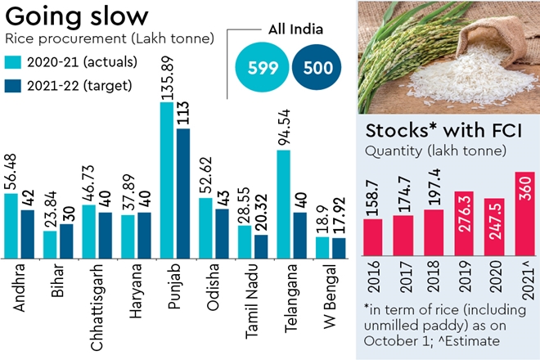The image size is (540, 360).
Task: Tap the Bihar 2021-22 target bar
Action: pos(67,240)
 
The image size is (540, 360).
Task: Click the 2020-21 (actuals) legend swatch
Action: pos(13,62)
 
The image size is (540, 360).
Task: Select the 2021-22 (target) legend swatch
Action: pos(13,85)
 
